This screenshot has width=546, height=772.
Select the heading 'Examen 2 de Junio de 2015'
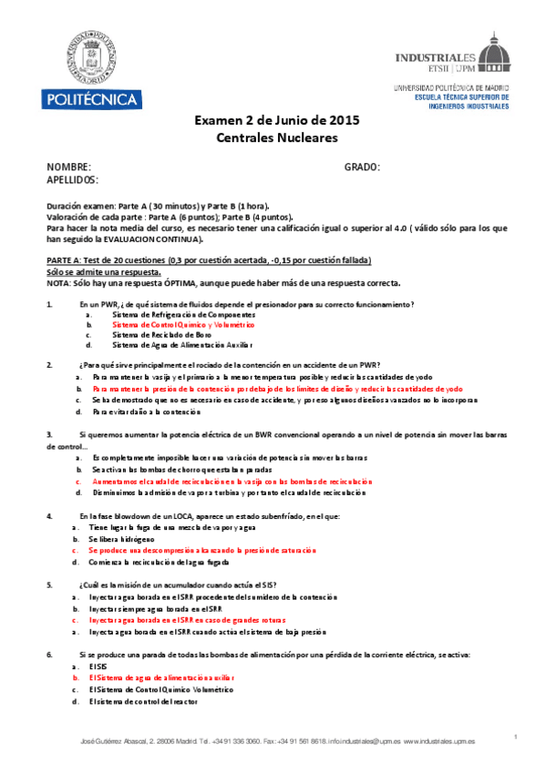(x=277, y=120)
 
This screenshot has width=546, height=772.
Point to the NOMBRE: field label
(x=69, y=168)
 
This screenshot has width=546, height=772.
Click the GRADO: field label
(x=362, y=168)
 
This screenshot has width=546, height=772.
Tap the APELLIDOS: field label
(x=76, y=179)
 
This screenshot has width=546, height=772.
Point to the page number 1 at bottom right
(x=516, y=736)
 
